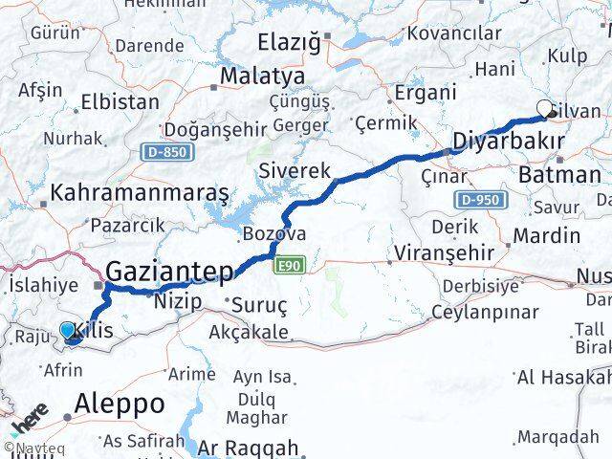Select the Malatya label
(x=262, y=76)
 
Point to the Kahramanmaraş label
(x=140, y=193)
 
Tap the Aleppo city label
(x=121, y=403)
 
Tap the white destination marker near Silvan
(x=546, y=109)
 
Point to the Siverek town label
(x=295, y=172)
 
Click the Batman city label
(x=559, y=175)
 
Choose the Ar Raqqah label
(x=249, y=448)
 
